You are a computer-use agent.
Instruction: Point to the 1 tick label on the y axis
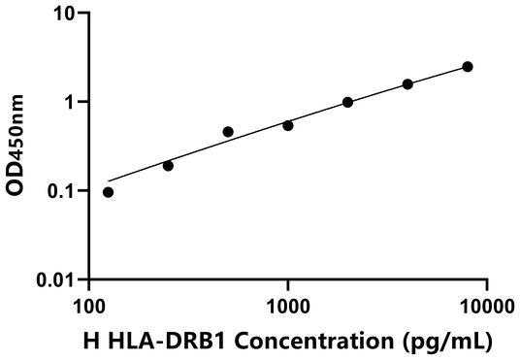(71, 102)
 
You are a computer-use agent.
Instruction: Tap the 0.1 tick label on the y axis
(62, 191)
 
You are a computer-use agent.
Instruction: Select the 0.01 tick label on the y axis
(56, 280)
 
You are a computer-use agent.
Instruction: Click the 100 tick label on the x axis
(89, 306)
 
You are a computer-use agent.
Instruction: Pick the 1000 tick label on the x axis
(288, 306)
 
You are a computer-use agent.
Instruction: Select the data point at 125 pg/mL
(108, 192)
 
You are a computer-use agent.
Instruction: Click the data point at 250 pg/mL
(168, 166)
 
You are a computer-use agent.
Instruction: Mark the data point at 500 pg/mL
(228, 132)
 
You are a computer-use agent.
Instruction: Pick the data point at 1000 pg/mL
(288, 125)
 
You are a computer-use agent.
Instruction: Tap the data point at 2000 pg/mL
(347, 102)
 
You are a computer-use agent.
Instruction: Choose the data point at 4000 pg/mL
(407, 84)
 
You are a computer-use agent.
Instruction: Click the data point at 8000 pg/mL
(468, 66)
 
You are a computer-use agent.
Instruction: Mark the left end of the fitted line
(109, 180)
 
